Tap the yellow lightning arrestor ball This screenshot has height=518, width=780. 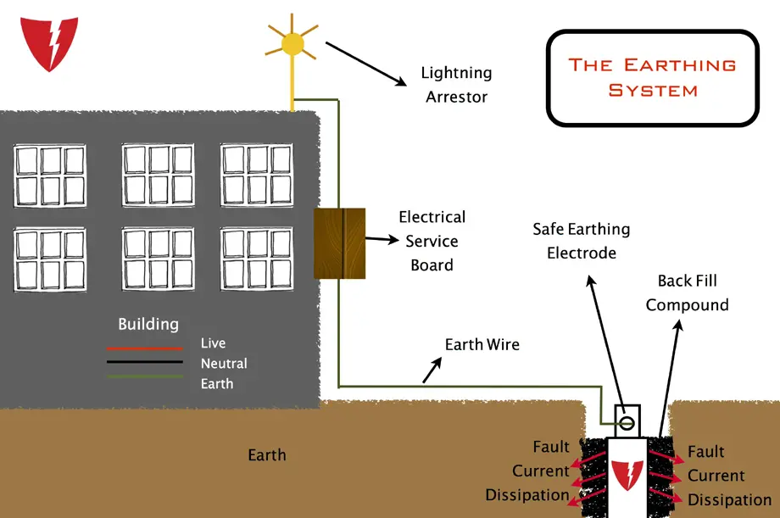292,44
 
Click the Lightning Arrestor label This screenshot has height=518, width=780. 457,85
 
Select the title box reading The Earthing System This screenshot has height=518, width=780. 653,78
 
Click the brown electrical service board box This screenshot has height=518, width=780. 340,243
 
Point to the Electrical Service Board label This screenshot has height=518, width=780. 432,241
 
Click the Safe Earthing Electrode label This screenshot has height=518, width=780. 582,241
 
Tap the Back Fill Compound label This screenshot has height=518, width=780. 687,292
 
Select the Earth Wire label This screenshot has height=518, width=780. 482,344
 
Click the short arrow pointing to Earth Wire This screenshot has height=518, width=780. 432,370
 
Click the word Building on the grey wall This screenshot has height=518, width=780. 148,325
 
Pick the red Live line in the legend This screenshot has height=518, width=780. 145,348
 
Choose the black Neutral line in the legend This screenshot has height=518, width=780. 145,362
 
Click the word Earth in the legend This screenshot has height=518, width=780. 217,384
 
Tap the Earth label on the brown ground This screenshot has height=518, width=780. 267,454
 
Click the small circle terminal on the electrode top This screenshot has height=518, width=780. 627,423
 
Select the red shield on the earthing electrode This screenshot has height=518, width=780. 627,475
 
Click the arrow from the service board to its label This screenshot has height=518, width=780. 382,240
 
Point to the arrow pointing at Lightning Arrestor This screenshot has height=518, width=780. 366,64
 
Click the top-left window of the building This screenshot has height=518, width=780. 50,175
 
